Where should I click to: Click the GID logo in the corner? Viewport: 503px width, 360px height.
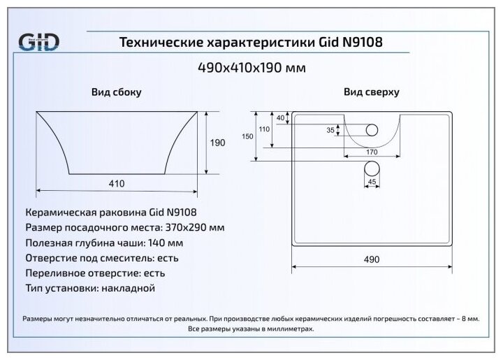click(39, 41)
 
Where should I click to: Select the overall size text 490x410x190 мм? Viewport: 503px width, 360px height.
click(252, 68)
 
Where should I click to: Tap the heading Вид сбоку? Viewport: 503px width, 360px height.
click(116, 92)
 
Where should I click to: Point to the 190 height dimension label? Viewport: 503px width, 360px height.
click(218, 143)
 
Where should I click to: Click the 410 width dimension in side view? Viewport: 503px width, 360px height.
click(116, 184)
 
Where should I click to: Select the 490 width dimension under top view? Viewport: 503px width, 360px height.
click(371, 259)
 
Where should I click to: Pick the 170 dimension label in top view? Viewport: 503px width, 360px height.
click(371, 152)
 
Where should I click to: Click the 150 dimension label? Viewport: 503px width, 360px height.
click(247, 137)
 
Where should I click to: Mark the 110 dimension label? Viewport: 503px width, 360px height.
click(264, 129)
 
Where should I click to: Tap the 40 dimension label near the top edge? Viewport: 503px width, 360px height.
click(280, 117)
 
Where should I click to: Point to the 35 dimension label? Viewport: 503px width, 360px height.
click(330, 130)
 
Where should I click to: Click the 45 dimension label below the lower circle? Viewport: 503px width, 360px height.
click(372, 182)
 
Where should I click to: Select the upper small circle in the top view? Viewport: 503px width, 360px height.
click(372, 129)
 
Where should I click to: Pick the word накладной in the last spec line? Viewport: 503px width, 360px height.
click(128, 287)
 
